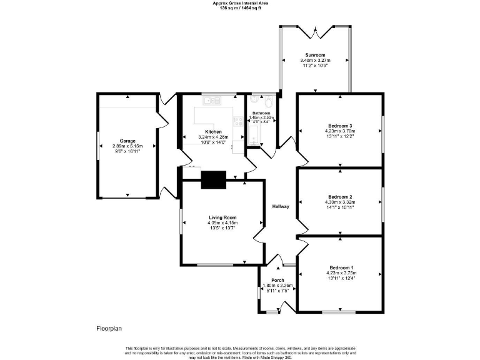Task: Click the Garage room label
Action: click(127, 141)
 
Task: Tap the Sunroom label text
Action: click(315, 54)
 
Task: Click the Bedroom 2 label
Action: click(340, 196)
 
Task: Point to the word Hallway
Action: click(281, 206)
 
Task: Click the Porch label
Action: click(277, 280)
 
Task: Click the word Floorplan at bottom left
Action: click(109, 328)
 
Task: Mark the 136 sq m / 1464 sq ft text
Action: click(240, 8)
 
